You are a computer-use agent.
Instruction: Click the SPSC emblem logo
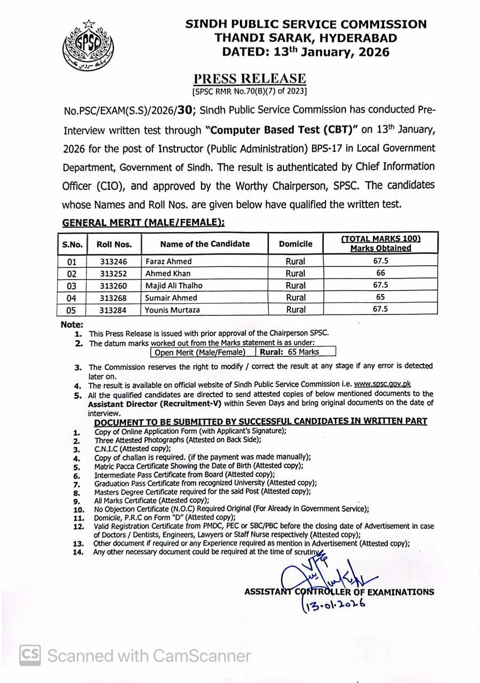tap(88, 47)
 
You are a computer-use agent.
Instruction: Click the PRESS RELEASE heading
tap(250, 79)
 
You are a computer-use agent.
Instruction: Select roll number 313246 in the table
tap(114, 261)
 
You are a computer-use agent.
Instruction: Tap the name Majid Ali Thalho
tap(174, 285)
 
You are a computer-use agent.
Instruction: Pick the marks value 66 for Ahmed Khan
tap(381, 273)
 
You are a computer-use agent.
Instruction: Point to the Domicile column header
tap(296, 244)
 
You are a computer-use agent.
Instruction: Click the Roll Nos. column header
tap(114, 244)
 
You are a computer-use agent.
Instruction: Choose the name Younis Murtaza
tap(172, 309)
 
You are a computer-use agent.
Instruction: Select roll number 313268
tap(114, 298)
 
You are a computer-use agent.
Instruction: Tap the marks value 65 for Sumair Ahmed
tap(381, 297)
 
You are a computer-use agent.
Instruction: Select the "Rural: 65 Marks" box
tap(297, 352)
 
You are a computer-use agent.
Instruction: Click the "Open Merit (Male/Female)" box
tap(200, 352)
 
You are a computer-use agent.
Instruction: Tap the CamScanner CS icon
tap(30, 655)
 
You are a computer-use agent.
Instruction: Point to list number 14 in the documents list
tap(79, 552)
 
